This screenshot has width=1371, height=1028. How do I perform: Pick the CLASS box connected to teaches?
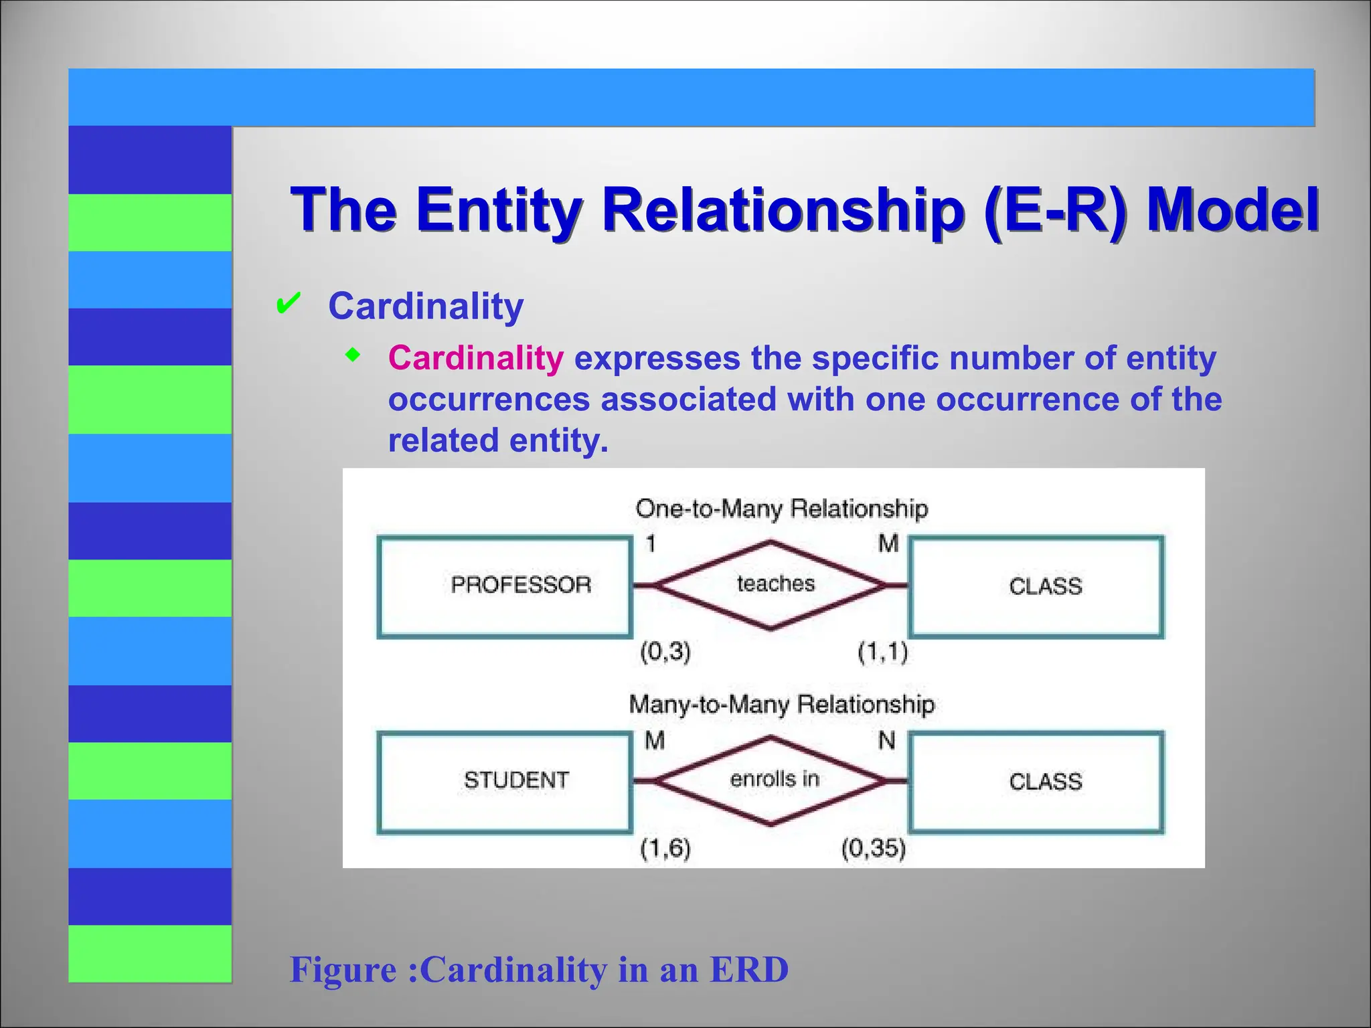pos(1036,586)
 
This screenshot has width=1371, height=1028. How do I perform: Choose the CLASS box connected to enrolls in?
pos(1036,782)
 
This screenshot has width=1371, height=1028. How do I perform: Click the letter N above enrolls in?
pos(886,740)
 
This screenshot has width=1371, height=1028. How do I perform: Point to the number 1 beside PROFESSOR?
pos(650,543)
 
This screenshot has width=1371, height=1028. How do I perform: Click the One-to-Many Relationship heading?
pos(781,509)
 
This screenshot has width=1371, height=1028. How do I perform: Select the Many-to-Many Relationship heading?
pos(781,704)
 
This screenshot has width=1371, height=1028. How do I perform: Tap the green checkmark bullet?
pos(288,305)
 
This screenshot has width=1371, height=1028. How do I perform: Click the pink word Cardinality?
pos(476,358)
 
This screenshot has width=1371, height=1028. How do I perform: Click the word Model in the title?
pos(1232,209)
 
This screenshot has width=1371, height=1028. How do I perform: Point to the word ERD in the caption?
pos(749,969)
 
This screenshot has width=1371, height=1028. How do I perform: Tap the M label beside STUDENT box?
pos(654,740)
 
